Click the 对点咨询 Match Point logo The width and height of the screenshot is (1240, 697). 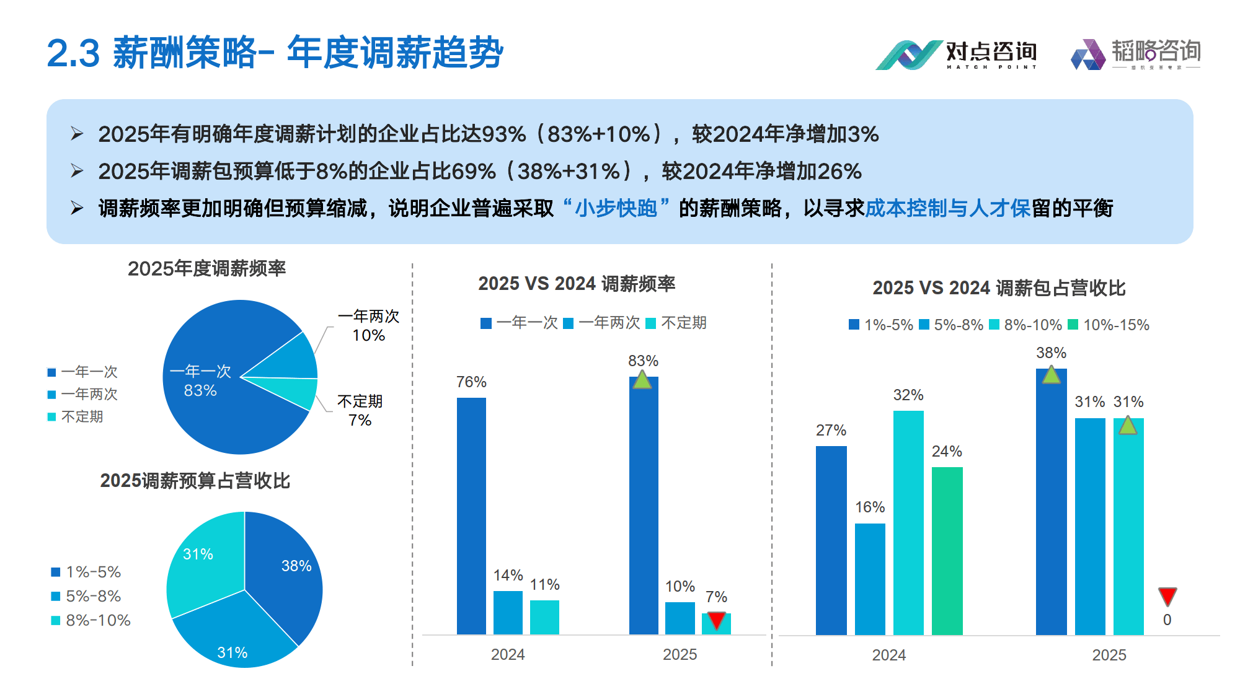pyautogui.click(x=955, y=55)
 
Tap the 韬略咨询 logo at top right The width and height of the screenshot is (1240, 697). pyautogui.click(x=1136, y=54)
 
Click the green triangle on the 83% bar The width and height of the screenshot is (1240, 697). pyautogui.click(x=642, y=380)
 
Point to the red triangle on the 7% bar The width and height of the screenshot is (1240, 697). pyautogui.click(x=716, y=620)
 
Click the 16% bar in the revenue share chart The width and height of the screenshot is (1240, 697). pyautogui.click(x=870, y=579)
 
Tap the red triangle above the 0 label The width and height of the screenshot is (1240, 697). pyautogui.click(x=1167, y=596)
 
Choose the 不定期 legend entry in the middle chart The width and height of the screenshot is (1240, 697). pyautogui.click(x=676, y=323)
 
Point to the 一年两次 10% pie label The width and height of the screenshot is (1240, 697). pyautogui.click(x=369, y=326)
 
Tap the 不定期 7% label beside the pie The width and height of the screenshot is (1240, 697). pyautogui.click(x=360, y=411)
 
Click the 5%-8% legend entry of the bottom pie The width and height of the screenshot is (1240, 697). pyautogui.click(x=86, y=596)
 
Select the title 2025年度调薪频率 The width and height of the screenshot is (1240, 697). pyautogui.click(x=206, y=268)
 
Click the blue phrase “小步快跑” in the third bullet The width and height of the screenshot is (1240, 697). pyautogui.click(x=616, y=208)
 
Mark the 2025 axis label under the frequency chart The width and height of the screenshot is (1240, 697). pyautogui.click(x=680, y=654)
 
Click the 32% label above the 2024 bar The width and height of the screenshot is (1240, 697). pyautogui.click(x=908, y=395)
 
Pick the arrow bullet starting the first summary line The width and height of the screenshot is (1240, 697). pyautogui.click(x=77, y=134)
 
